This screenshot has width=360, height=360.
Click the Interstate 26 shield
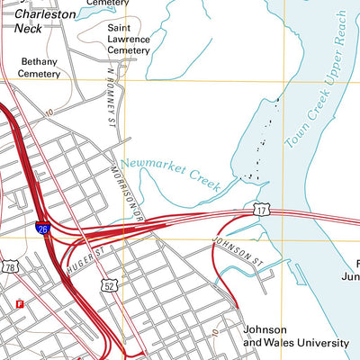pyautogui.click(x=43, y=231)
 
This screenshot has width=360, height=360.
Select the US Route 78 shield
pyautogui.click(x=10, y=267)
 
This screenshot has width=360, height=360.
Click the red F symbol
pyautogui.click(x=19, y=304)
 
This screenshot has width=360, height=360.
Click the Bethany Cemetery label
pyautogui.click(x=39, y=67)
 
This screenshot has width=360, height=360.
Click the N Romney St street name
pyautogui.click(x=112, y=90)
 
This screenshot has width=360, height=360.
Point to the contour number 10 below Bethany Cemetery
pyautogui.click(x=48, y=112)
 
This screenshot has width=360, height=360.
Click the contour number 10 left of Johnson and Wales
pyautogui.click(x=216, y=332)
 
